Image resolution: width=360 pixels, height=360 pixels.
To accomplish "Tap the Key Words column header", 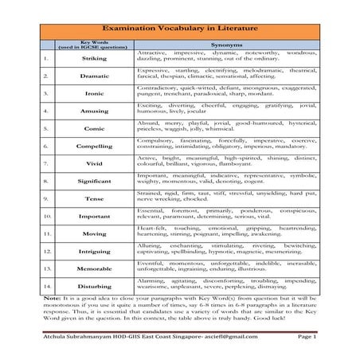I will click(95, 45).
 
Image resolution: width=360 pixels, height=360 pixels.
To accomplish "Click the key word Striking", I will click(95, 58).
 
